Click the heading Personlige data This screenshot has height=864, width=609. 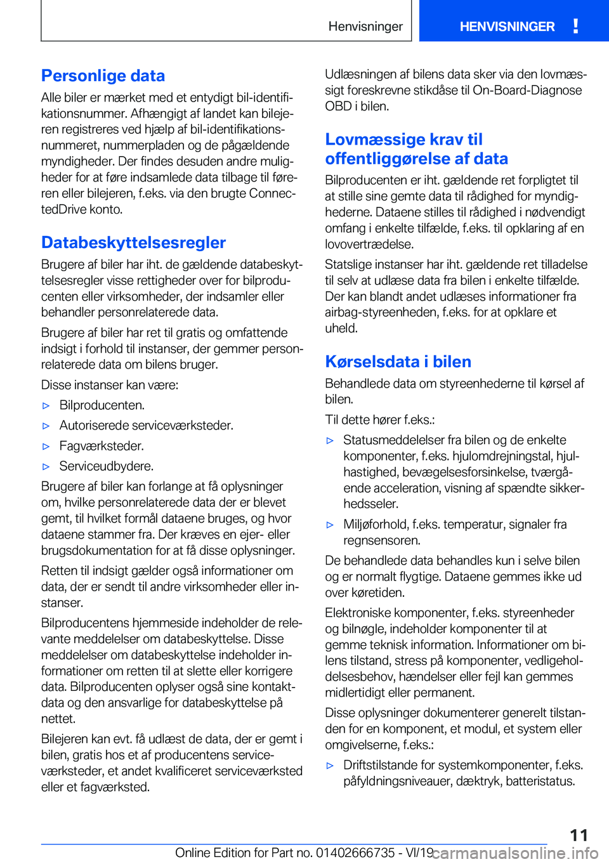pos(103,76)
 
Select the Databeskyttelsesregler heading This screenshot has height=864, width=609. pos(133,243)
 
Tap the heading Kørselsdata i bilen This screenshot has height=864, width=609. pos(398,362)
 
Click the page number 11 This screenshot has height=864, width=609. pos(579,835)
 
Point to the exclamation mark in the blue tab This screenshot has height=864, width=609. pos(575,26)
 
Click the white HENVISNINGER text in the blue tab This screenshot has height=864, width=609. pos(507,27)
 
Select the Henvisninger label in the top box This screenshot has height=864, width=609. pos(365,27)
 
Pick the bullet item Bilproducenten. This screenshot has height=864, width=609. pos(102,405)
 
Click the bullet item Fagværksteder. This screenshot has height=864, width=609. pos(101,446)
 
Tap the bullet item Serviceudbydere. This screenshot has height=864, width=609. pos(107,466)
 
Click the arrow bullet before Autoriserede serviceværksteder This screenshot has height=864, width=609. pos(46,426)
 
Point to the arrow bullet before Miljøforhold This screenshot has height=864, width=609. pos(330,525)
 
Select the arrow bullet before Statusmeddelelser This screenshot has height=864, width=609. pos(330,441)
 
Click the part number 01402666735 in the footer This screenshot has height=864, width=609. pos(355,853)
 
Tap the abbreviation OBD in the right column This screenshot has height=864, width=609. pos(338,107)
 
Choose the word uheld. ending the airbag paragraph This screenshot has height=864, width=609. pos(341,329)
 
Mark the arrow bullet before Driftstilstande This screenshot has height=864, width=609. pos(330,766)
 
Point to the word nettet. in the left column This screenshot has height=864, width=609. pos(58,719)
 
